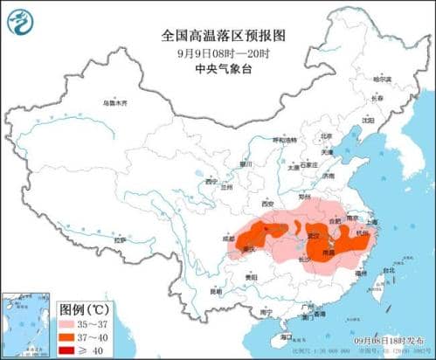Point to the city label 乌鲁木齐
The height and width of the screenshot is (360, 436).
[114, 103]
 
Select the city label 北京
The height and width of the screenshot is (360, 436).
[301, 136]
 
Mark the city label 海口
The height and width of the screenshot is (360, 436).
[285, 336]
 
